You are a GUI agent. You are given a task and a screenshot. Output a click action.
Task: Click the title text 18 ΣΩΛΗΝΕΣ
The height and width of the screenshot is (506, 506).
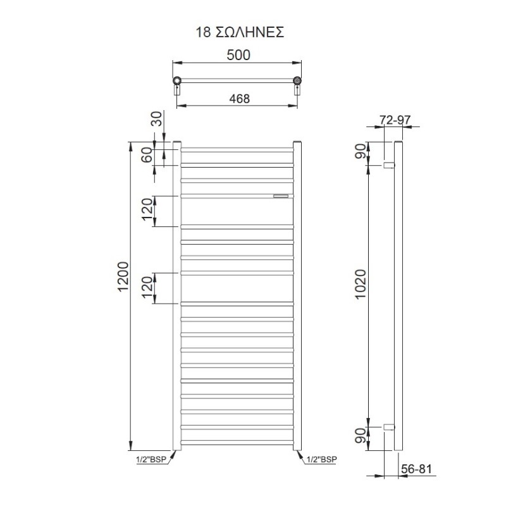coord(240,32)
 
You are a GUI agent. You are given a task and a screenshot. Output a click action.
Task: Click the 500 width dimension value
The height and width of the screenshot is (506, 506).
coord(238,55)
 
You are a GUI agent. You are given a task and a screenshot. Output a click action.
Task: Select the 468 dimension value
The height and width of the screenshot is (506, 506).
coord(240,99)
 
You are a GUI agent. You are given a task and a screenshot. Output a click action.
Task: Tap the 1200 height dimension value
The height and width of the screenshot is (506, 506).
coord(123,276)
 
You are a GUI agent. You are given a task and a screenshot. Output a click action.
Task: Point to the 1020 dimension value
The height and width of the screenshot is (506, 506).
coord(361,284)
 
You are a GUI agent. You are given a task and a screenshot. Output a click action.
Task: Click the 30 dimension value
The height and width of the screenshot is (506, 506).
coord(156,118)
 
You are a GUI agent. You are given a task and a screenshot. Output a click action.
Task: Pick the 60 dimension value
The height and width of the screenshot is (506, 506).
coord(147,155)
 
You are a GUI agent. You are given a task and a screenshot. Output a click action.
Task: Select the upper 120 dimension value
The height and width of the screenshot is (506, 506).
coord(147,209)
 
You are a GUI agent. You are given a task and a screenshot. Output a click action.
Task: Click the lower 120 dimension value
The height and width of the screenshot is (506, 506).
coord(147,287)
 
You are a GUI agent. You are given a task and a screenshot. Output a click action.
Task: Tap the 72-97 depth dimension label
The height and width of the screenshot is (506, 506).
coord(395,120)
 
